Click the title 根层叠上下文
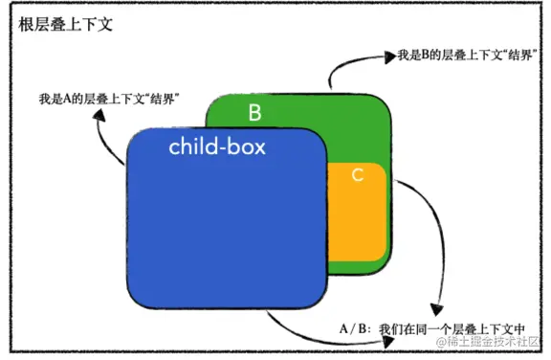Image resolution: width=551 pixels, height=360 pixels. click(x=65, y=24)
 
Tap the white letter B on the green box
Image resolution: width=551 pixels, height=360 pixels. click(x=254, y=113)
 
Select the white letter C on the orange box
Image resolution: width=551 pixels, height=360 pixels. click(x=357, y=175)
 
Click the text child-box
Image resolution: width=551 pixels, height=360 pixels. click(x=217, y=147)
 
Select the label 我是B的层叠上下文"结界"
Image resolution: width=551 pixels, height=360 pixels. click(x=467, y=56)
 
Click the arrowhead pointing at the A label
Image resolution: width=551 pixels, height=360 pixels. click(x=99, y=114)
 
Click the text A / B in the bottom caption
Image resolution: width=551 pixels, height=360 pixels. click(x=354, y=329)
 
